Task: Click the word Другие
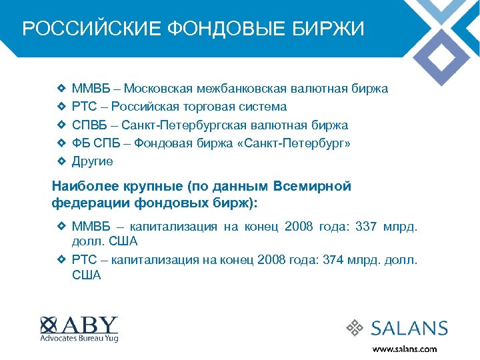pos(93,161)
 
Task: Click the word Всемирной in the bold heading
pos(313,187)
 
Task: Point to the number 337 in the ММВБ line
pos(366,227)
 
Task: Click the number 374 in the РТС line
pos(331,260)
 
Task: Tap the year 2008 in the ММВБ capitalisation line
pos(298,227)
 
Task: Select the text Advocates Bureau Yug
pos(79,339)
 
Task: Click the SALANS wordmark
pos(409,327)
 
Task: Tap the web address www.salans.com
pos(405,349)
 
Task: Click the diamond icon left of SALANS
pos(354,327)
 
